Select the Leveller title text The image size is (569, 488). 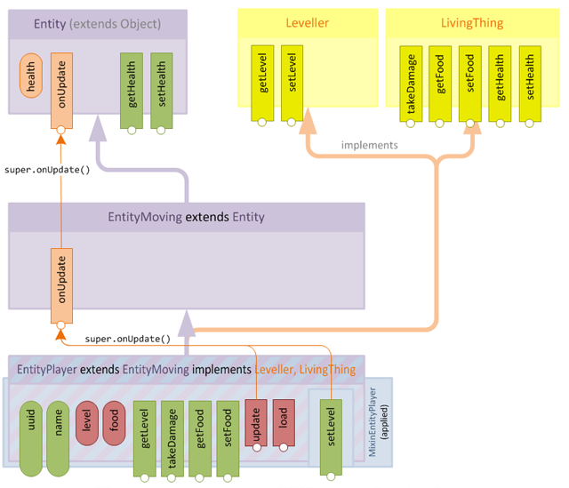(x=307, y=24)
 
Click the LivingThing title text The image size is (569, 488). (x=471, y=24)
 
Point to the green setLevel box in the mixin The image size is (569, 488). (x=333, y=434)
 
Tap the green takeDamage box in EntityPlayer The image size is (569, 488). (x=172, y=436)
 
